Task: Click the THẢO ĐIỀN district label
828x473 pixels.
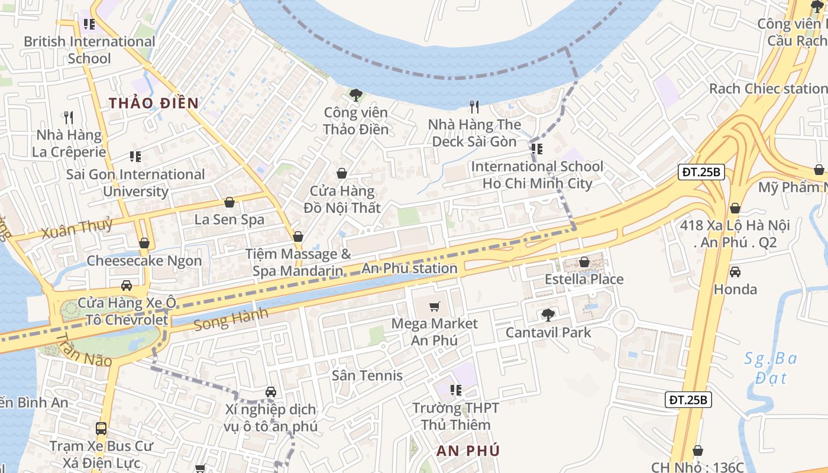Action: pos(153,103)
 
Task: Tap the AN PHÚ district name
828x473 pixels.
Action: pos(468,451)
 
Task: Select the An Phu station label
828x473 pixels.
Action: pos(409,268)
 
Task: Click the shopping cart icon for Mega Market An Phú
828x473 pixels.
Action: pos(435,306)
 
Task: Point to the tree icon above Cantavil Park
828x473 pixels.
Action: pos(548,315)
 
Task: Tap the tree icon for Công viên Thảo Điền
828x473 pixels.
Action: pos(355,95)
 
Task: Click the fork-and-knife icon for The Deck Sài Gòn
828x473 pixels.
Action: pos(474,107)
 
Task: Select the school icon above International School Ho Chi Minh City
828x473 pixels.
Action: pos(536,149)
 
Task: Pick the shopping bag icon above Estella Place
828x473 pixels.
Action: pos(584,262)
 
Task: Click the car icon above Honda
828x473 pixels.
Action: pos(735,272)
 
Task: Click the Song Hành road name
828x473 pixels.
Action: pos(231,319)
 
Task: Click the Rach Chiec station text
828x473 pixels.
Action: pos(768,89)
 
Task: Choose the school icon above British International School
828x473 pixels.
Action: pos(89,24)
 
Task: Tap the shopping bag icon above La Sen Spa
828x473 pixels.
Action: pos(229,202)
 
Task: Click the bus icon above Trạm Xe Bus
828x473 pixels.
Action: pos(101,428)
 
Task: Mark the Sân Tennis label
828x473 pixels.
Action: pos(367,375)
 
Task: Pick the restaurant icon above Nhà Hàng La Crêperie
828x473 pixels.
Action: pos(69,118)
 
